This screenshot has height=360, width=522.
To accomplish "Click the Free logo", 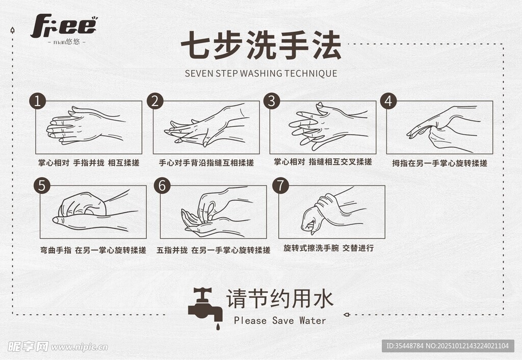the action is pos(64,27).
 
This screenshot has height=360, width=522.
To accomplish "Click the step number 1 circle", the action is pos(38,100).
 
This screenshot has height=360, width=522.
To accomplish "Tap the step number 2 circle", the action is pos(155,100).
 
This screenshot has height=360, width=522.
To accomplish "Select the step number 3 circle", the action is pos(272,100).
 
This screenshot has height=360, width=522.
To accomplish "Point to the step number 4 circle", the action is pos(388,100).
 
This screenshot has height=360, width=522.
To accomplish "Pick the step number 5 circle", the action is pos(42,186).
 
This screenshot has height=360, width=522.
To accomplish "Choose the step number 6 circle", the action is pos(162,186).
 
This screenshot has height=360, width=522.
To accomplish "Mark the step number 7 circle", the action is pos(281,186).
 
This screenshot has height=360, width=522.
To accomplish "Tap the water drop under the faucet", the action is pos(218,326).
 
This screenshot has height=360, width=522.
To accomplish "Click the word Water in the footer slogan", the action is pos(312,320).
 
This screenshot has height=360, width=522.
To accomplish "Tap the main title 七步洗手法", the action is pos(262,45).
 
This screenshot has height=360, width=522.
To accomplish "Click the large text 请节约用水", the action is pos(280,299).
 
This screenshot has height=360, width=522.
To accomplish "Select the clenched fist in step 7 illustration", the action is pos(313,219).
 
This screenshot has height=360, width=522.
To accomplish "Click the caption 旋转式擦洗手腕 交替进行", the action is pos(329,248).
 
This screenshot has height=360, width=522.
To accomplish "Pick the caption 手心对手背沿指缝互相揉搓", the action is pos(206,163).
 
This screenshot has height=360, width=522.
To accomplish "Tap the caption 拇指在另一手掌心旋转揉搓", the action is pos(439,163).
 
